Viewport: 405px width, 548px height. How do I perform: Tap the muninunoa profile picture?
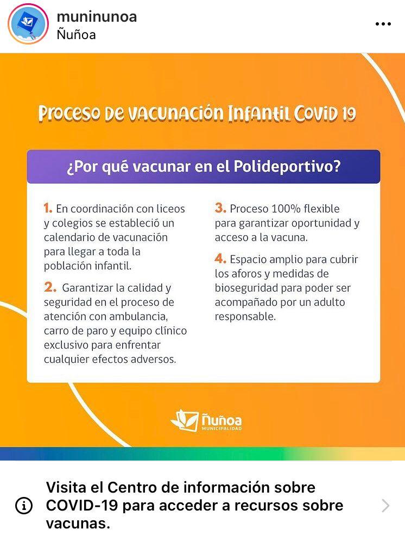point(28,24)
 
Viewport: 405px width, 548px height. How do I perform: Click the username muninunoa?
point(97,17)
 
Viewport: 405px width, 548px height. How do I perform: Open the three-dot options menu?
point(383,24)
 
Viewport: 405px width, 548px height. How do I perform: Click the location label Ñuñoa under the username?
point(76,35)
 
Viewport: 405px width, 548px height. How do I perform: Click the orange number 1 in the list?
point(48,208)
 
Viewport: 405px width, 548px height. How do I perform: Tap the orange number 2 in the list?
point(50,287)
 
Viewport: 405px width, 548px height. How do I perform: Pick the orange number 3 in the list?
point(220,208)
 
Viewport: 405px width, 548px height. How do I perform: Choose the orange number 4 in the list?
point(220,259)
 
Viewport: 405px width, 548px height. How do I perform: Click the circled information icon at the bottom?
point(24,505)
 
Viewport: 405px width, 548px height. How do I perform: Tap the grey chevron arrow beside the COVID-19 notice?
point(385,505)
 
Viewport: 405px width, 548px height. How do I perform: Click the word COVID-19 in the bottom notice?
point(82,505)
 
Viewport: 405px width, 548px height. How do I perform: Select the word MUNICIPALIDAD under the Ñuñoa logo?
point(222,429)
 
